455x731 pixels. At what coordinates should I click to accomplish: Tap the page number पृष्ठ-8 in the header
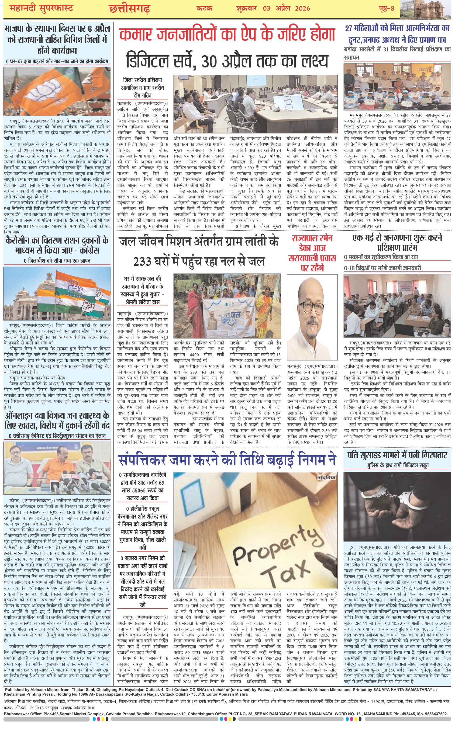[386, 8]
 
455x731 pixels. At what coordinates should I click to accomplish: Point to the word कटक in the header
[204, 8]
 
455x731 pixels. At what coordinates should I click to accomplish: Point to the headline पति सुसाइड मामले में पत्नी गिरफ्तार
[397, 455]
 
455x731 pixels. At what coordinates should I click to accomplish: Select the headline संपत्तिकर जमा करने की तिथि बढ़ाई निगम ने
[227, 460]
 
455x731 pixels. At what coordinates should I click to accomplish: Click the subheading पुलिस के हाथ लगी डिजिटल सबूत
[398, 465]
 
